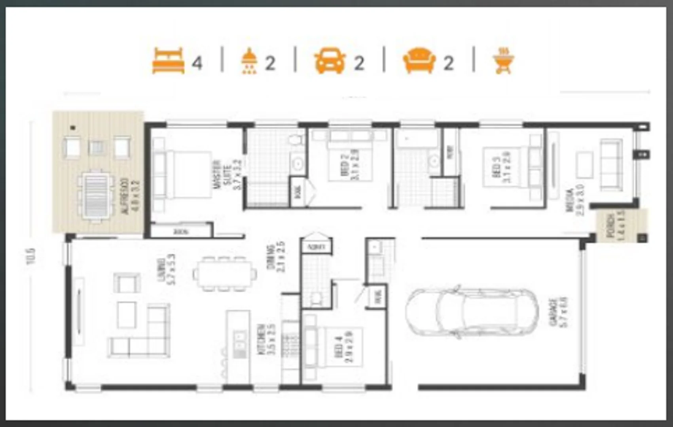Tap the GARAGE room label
(x=558, y=312)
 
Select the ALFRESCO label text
(x=130, y=196)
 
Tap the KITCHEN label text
(x=266, y=339)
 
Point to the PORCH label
(x=615, y=226)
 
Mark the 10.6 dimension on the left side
(x=31, y=256)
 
